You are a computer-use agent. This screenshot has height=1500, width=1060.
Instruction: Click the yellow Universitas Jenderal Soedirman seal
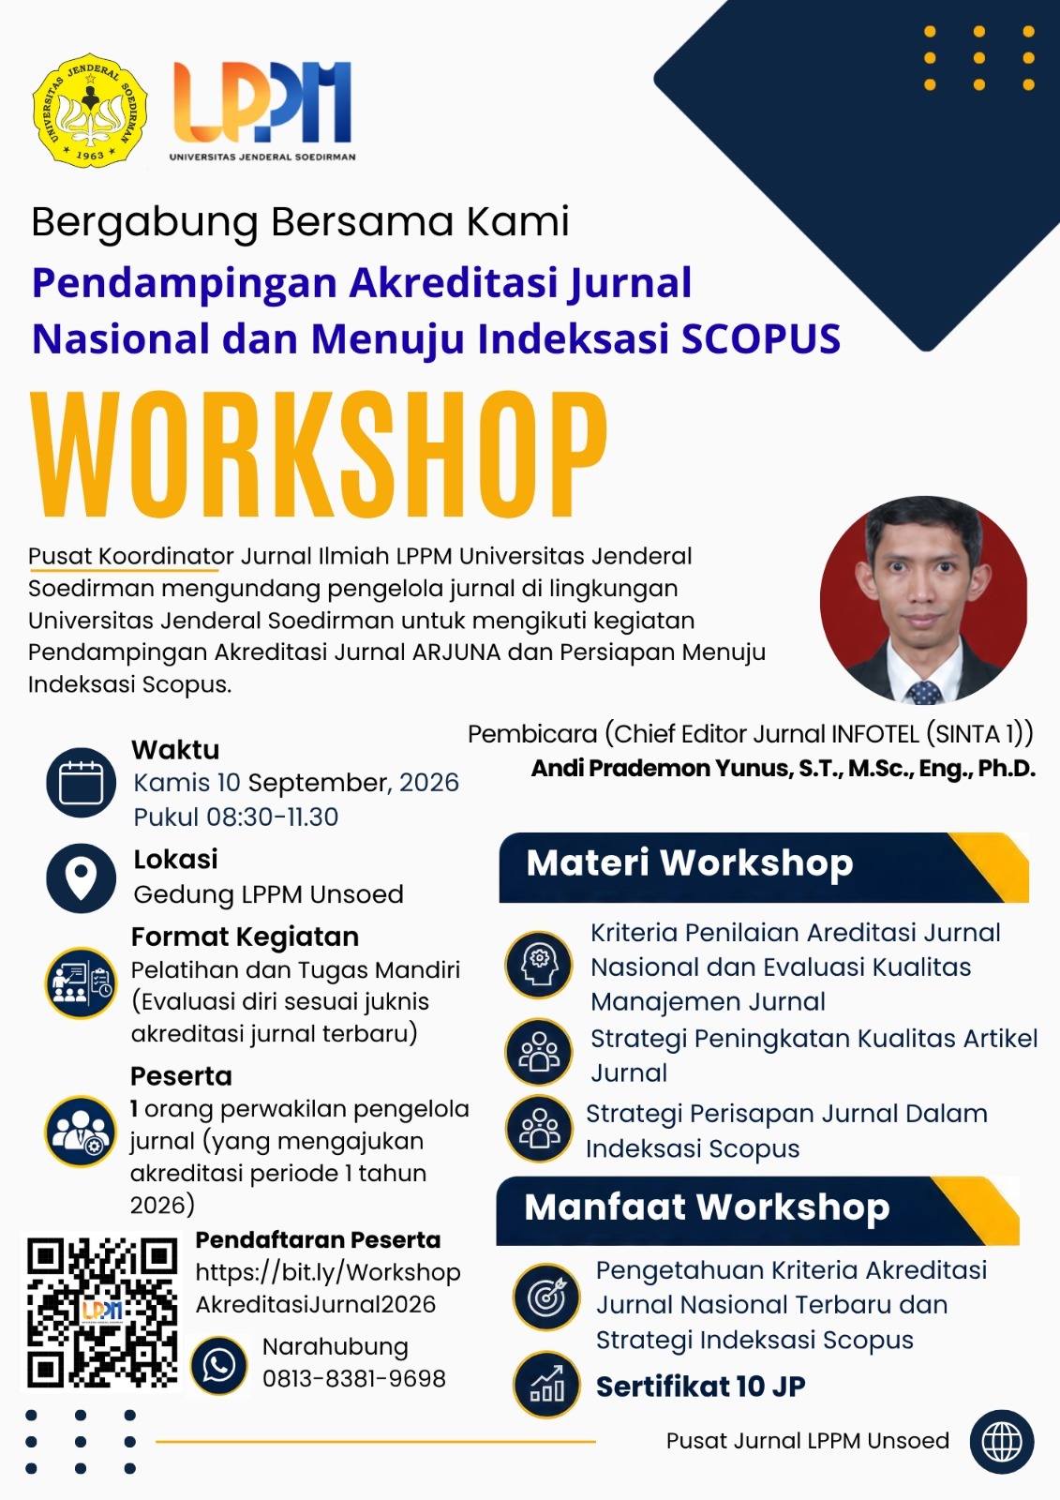pyautogui.click(x=90, y=111)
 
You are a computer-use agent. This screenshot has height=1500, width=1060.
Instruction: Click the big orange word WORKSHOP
pyautogui.click(x=319, y=456)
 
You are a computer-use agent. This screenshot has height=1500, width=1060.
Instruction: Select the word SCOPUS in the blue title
pyautogui.click(x=761, y=338)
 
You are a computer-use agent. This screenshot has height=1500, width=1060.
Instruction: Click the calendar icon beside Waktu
pyautogui.click(x=81, y=782)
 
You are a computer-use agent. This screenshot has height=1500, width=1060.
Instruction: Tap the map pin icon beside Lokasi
pyautogui.click(x=81, y=877)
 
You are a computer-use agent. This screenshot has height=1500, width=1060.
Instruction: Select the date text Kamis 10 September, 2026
pyautogui.click(x=296, y=783)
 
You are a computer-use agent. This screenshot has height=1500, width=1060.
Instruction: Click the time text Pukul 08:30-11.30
pyautogui.click(x=235, y=817)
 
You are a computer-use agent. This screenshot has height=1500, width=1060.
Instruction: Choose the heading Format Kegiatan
pyautogui.click(x=245, y=937)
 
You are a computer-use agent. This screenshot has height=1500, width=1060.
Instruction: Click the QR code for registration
pyautogui.click(x=102, y=1312)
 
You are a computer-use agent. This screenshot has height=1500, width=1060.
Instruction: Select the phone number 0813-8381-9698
pyautogui.click(x=354, y=1379)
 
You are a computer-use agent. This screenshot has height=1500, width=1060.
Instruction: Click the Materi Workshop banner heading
pyautogui.click(x=690, y=862)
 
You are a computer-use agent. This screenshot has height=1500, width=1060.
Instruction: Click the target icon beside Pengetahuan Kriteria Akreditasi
pyautogui.click(x=547, y=1297)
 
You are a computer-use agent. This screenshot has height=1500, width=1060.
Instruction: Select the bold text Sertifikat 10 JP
pyautogui.click(x=700, y=1387)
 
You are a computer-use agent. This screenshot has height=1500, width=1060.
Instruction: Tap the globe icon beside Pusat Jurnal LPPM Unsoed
pyautogui.click(x=1002, y=1441)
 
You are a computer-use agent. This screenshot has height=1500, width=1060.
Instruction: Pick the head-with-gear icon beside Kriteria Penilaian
pyautogui.click(x=539, y=965)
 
